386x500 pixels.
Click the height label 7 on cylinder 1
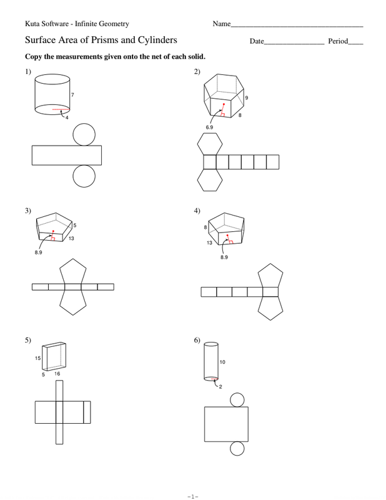(72, 95)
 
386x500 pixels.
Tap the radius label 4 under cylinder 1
(67, 117)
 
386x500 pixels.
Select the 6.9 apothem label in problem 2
(209, 127)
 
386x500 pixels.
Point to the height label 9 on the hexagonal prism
(246, 98)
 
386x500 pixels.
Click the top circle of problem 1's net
(84, 134)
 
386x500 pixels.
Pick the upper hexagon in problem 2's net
(210, 144)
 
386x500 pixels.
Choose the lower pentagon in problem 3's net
(73, 302)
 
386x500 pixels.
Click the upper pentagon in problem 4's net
(270, 276)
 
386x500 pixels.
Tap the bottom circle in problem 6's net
(237, 449)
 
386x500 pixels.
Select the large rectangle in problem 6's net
(226, 424)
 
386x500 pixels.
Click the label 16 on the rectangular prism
(57, 374)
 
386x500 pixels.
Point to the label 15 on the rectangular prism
(38, 358)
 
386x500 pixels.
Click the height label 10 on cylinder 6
(222, 362)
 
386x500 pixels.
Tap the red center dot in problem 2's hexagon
(224, 104)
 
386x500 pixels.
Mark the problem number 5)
(28, 340)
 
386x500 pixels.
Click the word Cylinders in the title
(157, 40)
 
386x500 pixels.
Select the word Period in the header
(338, 41)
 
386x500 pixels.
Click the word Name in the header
(222, 24)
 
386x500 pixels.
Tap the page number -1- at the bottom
(193, 496)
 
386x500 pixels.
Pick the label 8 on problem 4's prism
(205, 227)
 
